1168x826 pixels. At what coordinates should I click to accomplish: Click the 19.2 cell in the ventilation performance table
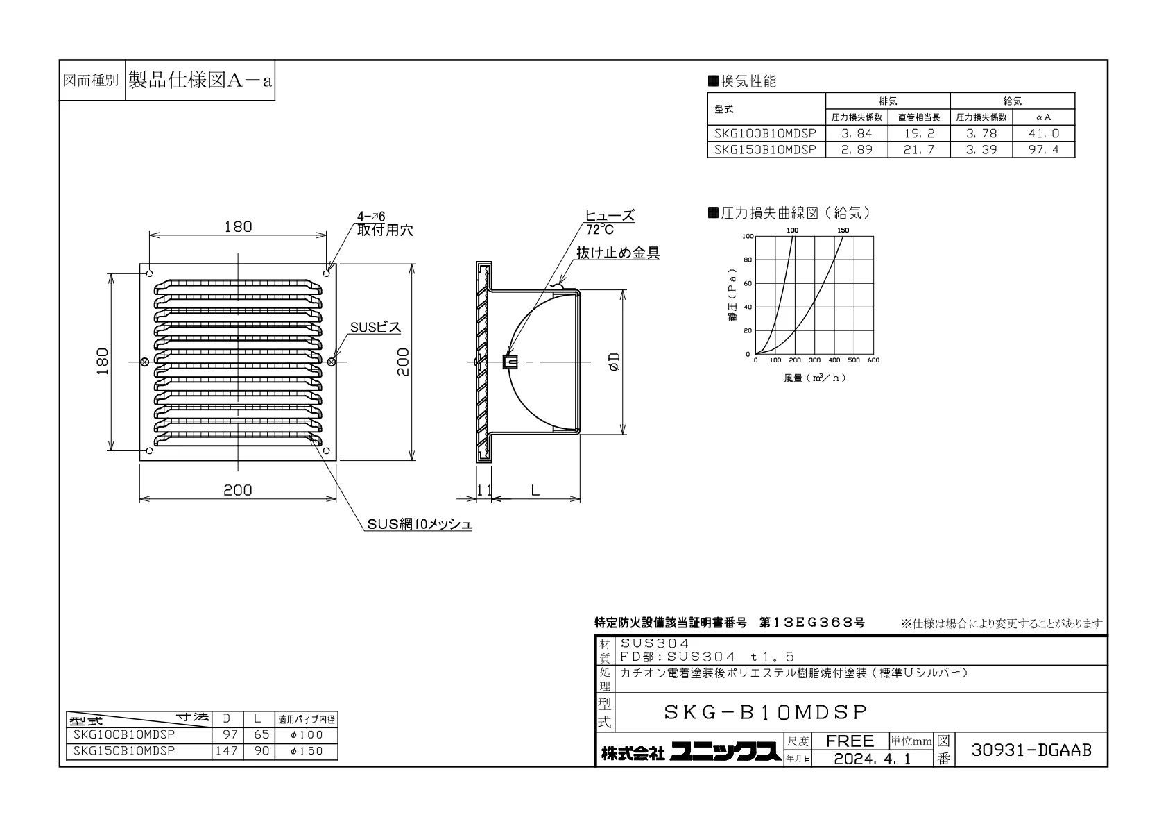[919, 133]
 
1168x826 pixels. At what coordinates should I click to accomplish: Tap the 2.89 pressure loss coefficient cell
[857, 150]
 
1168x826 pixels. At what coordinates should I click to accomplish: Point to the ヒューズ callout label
[610, 215]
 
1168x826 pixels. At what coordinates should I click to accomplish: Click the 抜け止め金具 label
[618, 253]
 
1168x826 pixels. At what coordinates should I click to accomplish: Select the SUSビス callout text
[375, 327]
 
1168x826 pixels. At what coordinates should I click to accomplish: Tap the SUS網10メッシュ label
[419, 524]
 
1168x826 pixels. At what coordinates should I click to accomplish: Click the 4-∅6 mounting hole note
[371, 217]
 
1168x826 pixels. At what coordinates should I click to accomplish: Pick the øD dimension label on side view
[615, 362]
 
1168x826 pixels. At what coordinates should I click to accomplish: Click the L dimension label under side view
[535, 490]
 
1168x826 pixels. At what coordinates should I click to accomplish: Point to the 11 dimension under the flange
[484, 490]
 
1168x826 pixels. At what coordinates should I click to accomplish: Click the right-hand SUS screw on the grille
[331, 362]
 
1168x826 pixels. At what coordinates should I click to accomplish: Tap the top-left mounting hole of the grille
[150, 273]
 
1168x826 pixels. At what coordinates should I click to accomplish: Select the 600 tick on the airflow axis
[873, 360]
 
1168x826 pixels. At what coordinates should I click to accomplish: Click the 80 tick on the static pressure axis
[748, 260]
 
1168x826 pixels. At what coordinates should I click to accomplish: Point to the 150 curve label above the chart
[843, 230]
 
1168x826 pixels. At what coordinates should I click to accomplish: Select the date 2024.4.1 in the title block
[873, 759]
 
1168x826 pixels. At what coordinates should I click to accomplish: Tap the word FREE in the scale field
[850, 741]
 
